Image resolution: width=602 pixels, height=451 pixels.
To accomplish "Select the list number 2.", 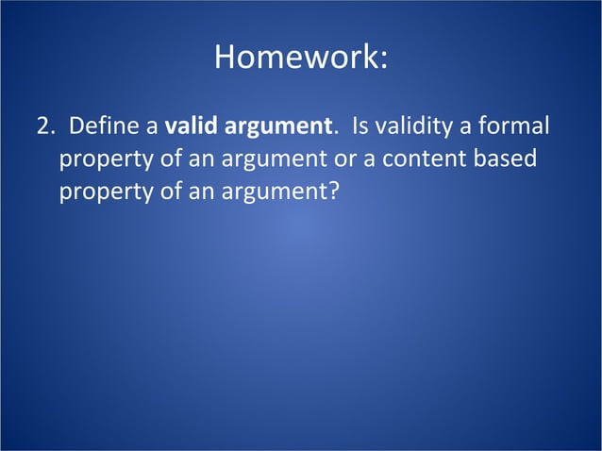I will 43,126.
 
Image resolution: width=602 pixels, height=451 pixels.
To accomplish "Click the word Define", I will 103,126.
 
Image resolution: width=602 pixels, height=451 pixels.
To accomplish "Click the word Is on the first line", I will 361,126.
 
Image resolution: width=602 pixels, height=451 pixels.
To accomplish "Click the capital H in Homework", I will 225,58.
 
